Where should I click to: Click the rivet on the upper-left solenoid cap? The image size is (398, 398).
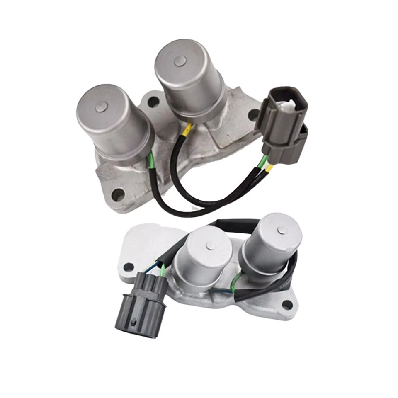pos(101,108)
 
